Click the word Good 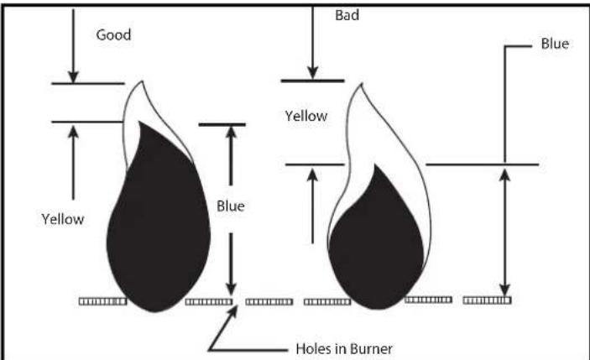click(112, 37)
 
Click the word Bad click(346, 15)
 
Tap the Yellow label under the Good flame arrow click(63, 219)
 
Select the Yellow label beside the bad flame click(305, 116)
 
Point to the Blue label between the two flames click(230, 206)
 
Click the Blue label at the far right click(554, 44)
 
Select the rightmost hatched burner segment click(487, 299)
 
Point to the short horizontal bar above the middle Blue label click(222, 125)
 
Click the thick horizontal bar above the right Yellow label click(311, 81)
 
